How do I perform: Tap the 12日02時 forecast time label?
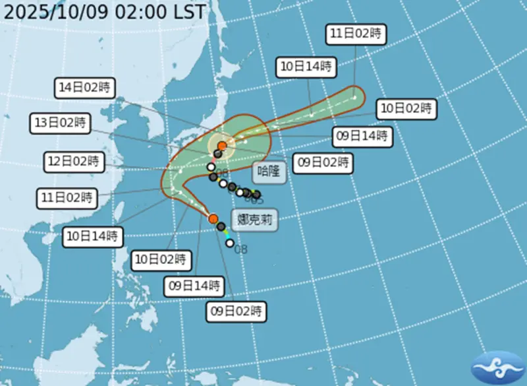(x=73, y=160)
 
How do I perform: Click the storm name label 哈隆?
(x=269, y=173)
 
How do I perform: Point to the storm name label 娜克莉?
(x=254, y=220)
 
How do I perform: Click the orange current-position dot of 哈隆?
(x=223, y=145)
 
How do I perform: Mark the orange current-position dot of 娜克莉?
(x=213, y=218)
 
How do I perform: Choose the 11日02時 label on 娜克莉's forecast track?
(x=65, y=197)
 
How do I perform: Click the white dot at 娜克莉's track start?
(x=230, y=243)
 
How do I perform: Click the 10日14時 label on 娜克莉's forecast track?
(x=94, y=236)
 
